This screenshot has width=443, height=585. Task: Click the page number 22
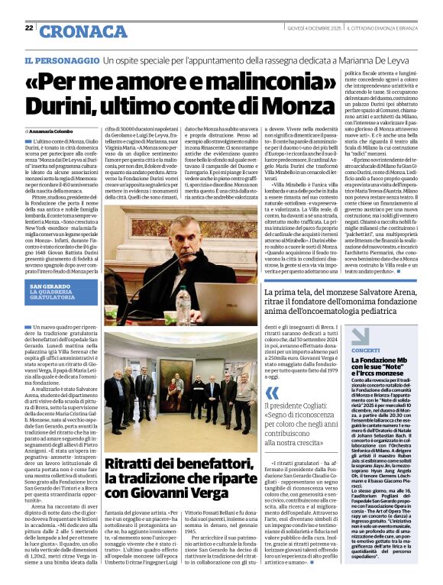click(x=29, y=27)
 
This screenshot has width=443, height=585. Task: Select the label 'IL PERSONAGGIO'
click(x=61, y=60)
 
